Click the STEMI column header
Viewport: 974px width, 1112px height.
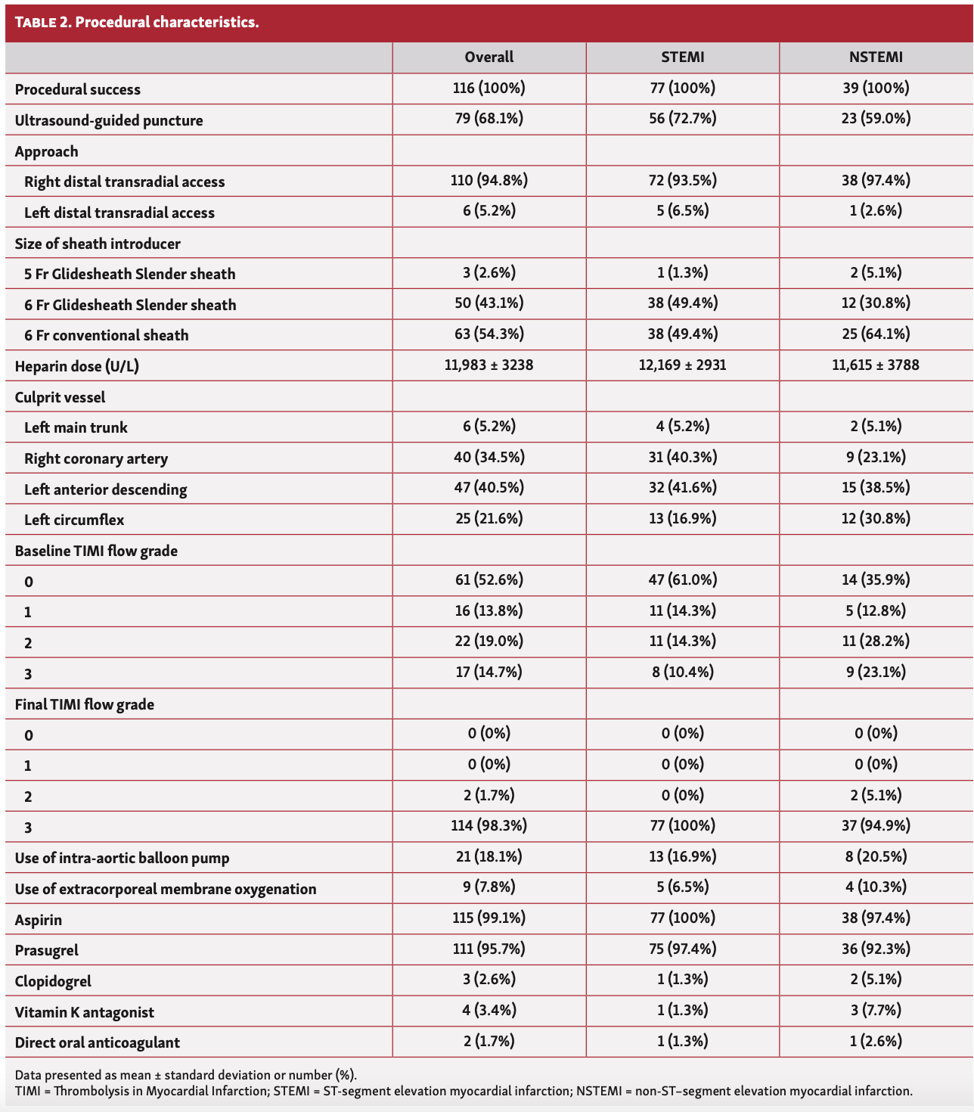tap(682, 57)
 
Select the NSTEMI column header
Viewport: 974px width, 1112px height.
tap(876, 57)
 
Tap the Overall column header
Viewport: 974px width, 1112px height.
tap(489, 57)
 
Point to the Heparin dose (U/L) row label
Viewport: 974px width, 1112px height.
tap(77, 367)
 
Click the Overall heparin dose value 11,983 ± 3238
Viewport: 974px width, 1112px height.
tap(489, 365)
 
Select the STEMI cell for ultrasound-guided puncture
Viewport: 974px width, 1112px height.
tap(682, 119)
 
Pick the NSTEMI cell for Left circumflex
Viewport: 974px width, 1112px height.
tap(876, 519)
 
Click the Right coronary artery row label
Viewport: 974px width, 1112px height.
tap(96, 459)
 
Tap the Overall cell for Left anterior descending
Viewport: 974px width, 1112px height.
tap(489, 488)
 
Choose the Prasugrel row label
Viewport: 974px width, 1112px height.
tap(47, 951)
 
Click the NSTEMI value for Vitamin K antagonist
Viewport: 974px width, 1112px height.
tap(876, 1011)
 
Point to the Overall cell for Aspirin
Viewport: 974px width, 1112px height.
tap(489, 918)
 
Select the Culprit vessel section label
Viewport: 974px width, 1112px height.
tap(60, 398)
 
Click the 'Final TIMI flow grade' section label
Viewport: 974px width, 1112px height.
tap(85, 705)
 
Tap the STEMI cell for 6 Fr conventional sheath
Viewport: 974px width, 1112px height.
tap(682, 334)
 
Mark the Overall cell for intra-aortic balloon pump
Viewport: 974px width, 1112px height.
tap(489, 857)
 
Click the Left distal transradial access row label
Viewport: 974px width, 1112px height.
tap(119, 213)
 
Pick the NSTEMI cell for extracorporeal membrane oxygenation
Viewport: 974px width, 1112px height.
tap(876, 887)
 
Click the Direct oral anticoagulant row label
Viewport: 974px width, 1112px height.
tap(98, 1043)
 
